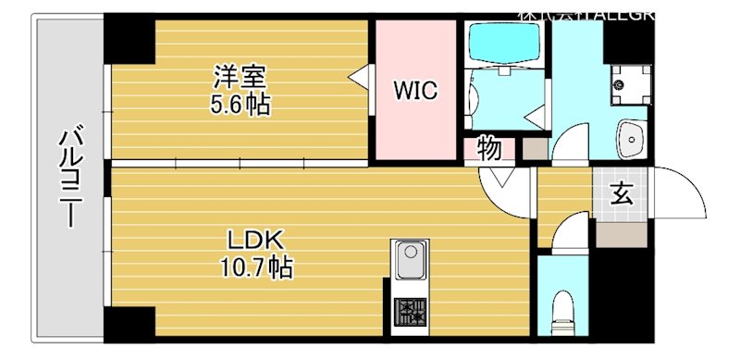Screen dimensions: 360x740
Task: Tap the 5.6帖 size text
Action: [x=240, y=104]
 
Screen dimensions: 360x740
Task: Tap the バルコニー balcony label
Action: [x=68, y=180]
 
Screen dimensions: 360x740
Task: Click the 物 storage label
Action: [x=489, y=147]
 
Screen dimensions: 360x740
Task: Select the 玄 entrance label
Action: [x=621, y=193]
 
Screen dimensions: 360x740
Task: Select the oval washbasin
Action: [x=632, y=140]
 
